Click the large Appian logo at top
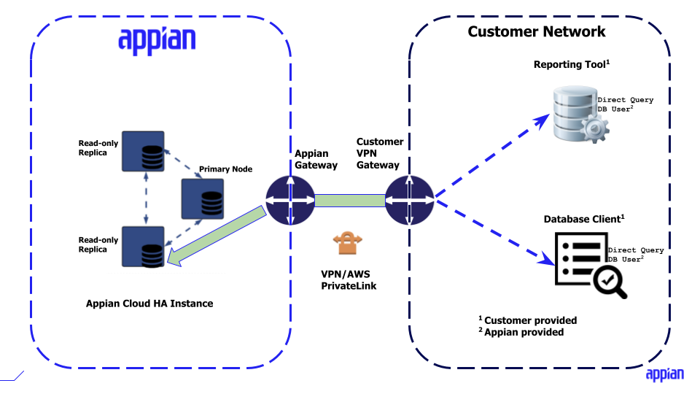pyautogui.click(x=157, y=39)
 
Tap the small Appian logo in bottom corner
pyautogui.click(x=664, y=374)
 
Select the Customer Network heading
pyautogui.click(x=536, y=31)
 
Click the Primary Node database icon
pyautogui.click(x=203, y=198)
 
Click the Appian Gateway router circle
pyautogui.click(x=290, y=200)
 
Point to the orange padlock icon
pyautogui.click(x=347, y=243)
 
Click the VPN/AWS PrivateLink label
pyautogui.click(x=347, y=279)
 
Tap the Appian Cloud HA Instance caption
pyautogui.click(x=149, y=303)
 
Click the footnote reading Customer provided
pyautogui.click(x=530, y=320)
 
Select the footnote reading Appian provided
pyautogui.click(x=524, y=332)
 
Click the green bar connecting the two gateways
pyautogui.click(x=349, y=200)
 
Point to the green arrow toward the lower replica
pyautogui.click(x=216, y=234)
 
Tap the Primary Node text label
pyautogui.click(x=226, y=169)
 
